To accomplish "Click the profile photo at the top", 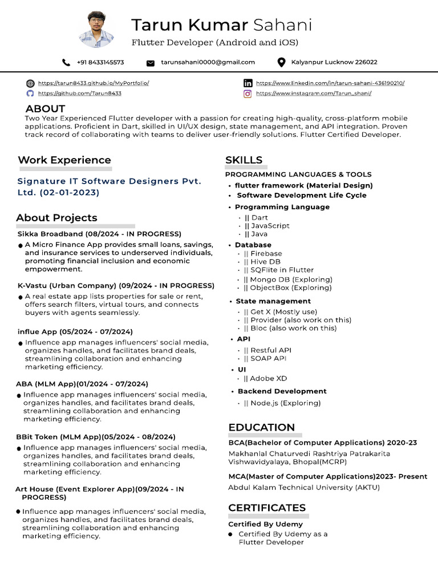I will [x=96, y=29].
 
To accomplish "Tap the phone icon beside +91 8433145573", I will [x=67, y=62].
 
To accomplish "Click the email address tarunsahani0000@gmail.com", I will [x=208, y=62].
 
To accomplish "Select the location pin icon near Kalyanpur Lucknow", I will [x=281, y=62].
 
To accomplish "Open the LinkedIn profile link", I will [x=330, y=83].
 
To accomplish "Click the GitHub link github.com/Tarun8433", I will [x=79, y=93].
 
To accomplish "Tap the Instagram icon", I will [x=248, y=94].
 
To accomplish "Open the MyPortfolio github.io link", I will [x=93, y=83].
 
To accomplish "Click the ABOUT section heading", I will [x=45, y=108].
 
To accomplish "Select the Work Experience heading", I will [x=64, y=160].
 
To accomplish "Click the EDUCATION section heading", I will [x=261, y=427].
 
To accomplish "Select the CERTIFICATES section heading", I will [x=267, y=508].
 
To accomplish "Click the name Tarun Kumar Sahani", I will [x=221, y=25].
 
